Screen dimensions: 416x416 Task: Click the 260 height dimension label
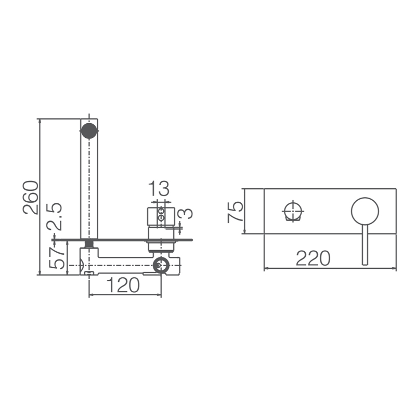click(31, 198)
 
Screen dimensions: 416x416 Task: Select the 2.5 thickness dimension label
click(54, 216)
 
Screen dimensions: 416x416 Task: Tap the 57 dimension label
click(57, 258)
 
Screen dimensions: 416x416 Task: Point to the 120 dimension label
click(123, 285)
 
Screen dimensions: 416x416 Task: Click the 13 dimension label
click(159, 188)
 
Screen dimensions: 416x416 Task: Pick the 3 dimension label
click(187, 214)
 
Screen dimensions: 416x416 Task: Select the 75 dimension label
click(235, 212)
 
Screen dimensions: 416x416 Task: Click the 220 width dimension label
click(313, 258)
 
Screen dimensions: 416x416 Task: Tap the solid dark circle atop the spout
click(89, 131)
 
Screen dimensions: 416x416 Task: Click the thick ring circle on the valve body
click(161, 265)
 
